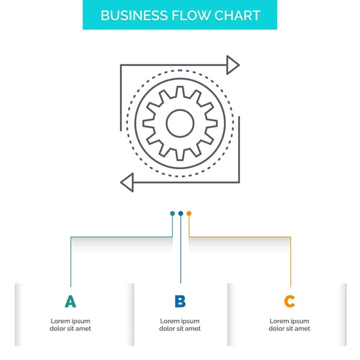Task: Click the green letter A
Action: pos(71,302)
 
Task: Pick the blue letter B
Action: pos(180,302)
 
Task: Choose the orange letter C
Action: pos(290,302)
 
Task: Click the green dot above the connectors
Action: pos(172,213)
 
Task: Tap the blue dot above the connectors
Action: pos(181,213)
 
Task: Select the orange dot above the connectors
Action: pos(189,213)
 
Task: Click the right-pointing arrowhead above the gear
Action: pos(233,65)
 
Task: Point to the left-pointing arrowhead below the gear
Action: pos(127,180)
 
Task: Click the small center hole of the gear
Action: pos(179,123)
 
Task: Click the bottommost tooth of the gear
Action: pos(179,157)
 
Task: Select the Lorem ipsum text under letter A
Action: pos(71,325)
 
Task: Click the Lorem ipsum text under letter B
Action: pos(180,325)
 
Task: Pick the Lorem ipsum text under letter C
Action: pos(290,325)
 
